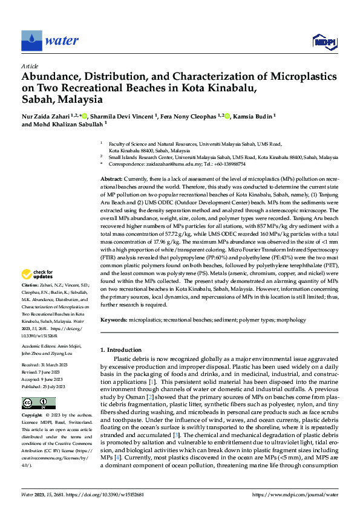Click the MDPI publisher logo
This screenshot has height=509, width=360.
(324, 41)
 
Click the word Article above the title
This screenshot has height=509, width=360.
(30, 65)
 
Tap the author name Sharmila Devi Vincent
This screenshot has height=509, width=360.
(122, 115)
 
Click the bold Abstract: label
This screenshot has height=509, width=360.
(111, 180)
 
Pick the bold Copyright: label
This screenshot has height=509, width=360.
(32, 416)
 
